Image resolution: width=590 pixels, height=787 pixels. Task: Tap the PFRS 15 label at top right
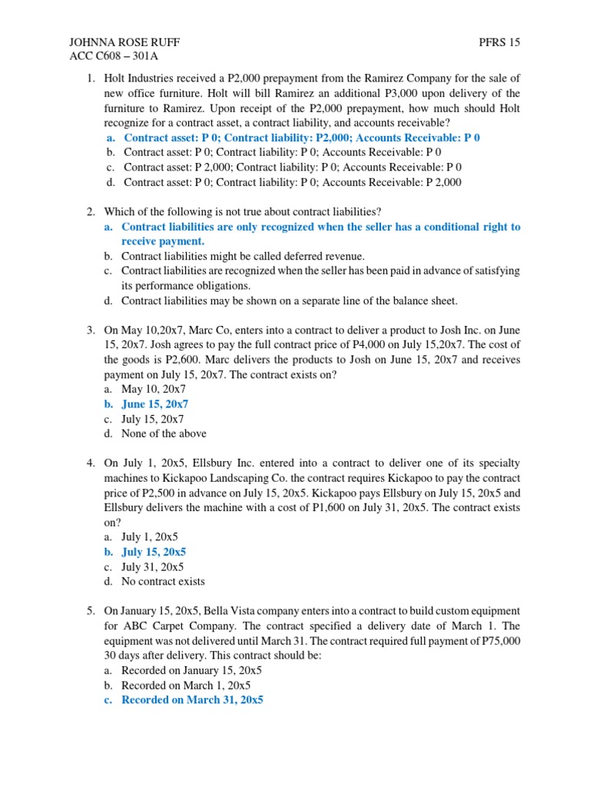500,42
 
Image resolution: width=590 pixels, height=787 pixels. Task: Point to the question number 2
89,212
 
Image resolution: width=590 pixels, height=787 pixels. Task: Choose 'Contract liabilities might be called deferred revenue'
244,257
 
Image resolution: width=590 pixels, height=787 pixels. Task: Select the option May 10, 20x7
154,390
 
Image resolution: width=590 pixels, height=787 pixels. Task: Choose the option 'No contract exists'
163,582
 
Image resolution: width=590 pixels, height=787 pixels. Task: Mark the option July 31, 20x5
153,567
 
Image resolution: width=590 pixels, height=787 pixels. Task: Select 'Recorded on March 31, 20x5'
192,701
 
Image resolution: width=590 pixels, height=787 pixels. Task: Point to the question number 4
89,463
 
